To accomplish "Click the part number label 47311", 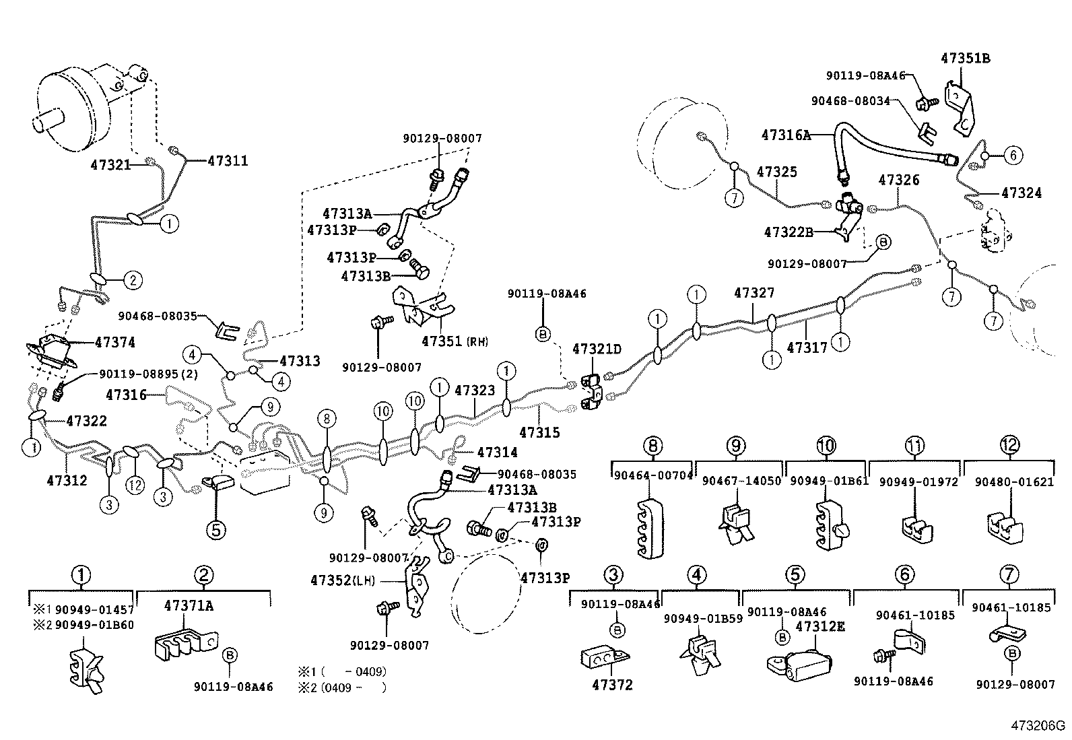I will click(x=228, y=161).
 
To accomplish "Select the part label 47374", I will click(x=114, y=343).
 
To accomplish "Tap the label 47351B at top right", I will click(x=965, y=59).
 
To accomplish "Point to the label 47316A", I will click(x=785, y=135).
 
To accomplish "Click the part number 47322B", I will click(x=788, y=232).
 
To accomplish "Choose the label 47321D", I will click(x=597, y=349).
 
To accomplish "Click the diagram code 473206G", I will click(x=1037, y=726).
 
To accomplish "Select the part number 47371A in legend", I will click(x=188, y=605).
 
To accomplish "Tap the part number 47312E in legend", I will click(x=819, y=626).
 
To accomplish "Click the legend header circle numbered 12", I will click(x=1009, y=445).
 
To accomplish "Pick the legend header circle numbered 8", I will click(x=652, y=445).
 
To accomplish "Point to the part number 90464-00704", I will click(x=652, y=475).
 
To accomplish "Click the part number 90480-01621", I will click(x=1009, y=481).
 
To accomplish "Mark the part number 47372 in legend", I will click(x=612, y=685).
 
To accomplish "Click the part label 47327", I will click(x=753, y=294).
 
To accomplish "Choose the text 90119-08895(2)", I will click(x=148, y=374).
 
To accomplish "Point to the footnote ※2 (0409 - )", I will click(x=343, y=687).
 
